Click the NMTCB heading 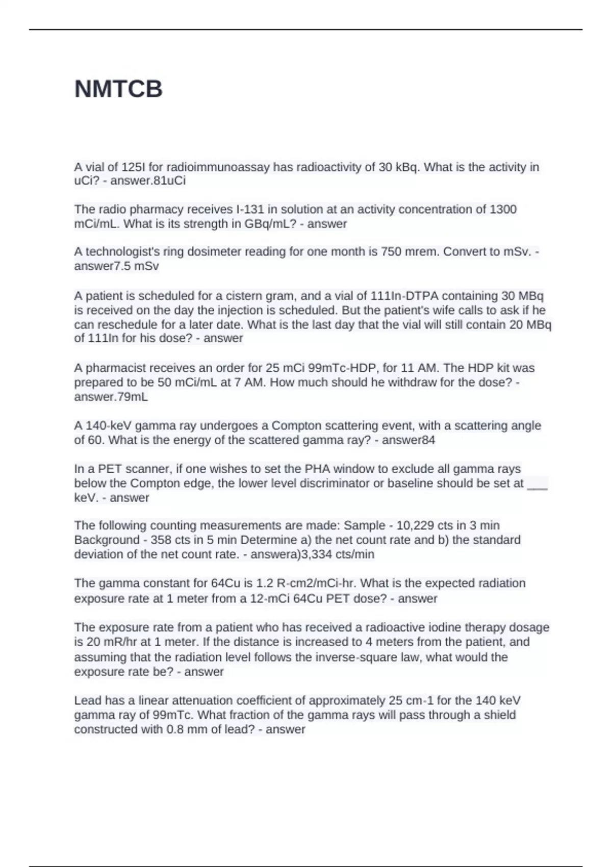118,89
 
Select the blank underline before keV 537,483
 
